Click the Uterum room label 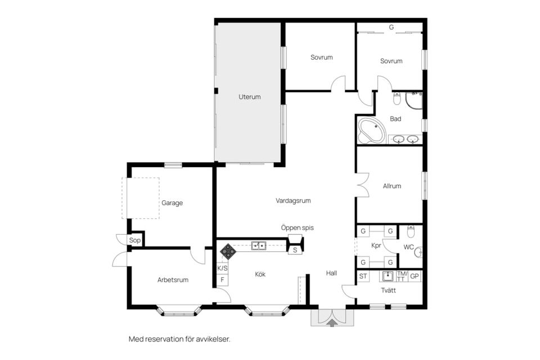[249, 97]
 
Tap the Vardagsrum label [293, 200]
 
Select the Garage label [172, 203]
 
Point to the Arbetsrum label [173, 280]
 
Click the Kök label [260, 274]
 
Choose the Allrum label [392, 186]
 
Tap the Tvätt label [388, 290]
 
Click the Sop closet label [134, 240]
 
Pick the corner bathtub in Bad [371, 131]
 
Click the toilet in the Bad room [397, 98]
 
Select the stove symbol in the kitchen [227, 251]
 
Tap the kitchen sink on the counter [258, 246]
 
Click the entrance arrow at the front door [332, 323]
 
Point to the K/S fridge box [222, 268]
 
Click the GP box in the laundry [415, 276]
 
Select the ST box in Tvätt [363, 276]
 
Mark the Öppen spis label [297, 228]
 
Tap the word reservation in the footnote [164, 339]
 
